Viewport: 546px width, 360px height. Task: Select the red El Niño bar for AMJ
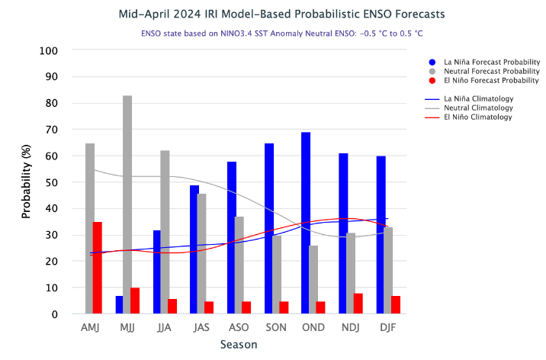[x=98, y=268]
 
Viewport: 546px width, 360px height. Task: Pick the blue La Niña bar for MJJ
[x=119, y=304]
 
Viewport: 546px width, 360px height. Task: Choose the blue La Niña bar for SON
[x=269, y=228]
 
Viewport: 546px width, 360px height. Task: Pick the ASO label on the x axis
[x=239, y=326]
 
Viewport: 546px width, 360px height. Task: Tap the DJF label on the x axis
[x=389, y=326]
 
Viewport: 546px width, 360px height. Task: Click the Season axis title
[x=239, y=344]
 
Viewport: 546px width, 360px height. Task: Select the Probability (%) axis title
[x=26, y=182]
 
